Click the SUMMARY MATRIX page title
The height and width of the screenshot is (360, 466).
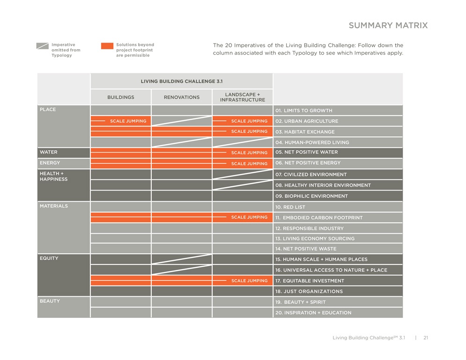388,26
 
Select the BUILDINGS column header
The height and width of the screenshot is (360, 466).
120,97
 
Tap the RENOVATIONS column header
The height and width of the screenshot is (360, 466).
181,97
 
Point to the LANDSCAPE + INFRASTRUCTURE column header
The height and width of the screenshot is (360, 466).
242,97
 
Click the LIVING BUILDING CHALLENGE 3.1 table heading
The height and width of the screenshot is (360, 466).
181,81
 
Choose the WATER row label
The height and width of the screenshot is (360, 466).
49,152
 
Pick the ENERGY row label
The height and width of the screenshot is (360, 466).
50,163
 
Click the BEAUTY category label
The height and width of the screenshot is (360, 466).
50,301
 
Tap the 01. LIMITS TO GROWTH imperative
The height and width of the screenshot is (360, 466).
303,110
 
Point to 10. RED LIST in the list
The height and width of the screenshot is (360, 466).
291,207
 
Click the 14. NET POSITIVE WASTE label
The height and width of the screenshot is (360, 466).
305,249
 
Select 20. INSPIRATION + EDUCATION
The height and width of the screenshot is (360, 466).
313,313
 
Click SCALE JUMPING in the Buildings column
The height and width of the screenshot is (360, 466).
128,121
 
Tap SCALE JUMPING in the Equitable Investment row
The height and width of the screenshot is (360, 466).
249,281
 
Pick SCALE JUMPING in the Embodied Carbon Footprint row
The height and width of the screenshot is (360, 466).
249,217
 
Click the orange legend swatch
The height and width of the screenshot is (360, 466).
107,46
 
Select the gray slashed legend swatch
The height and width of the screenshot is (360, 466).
43,46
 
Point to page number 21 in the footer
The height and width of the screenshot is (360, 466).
426,338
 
